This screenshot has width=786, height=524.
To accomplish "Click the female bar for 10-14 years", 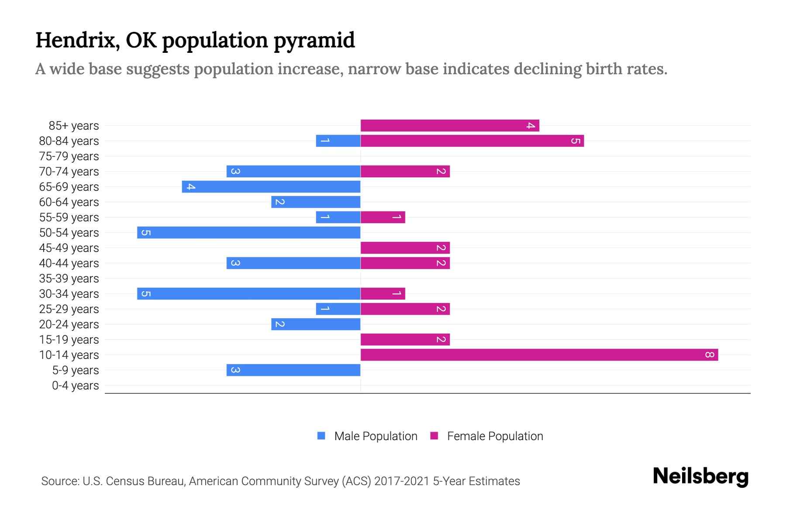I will click(539, 355).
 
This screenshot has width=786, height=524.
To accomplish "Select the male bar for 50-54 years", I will click(248, 232).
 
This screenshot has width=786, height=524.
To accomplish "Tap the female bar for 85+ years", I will click(450, 126).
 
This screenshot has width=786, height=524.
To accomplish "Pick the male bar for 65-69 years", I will click(271, 187).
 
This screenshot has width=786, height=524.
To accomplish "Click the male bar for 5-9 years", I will click(293, 370).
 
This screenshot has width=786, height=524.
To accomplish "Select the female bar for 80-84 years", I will click(472, 141).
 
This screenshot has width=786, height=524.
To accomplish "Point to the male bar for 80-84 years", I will click(338, 141).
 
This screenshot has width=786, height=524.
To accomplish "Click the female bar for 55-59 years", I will click(383, 217).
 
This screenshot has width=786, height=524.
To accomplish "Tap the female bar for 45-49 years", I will click(405, 248).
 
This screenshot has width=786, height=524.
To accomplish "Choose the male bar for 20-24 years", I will click(315, 324).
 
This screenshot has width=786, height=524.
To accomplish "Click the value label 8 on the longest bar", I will click(710, 355).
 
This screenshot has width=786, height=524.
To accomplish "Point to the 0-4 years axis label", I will click(75, 386).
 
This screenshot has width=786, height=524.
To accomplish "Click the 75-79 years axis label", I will click(69, 156).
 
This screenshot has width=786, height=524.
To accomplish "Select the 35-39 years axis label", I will click(69, 279).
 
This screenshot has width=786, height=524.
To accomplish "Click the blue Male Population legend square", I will click(321, 436).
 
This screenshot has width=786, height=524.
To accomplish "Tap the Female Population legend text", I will click(495, 436).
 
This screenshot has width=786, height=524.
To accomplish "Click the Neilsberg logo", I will click(700, 476).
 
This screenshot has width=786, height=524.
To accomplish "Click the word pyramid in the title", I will click(314, 41).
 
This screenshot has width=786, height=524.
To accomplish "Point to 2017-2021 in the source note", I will click(402, 481).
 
